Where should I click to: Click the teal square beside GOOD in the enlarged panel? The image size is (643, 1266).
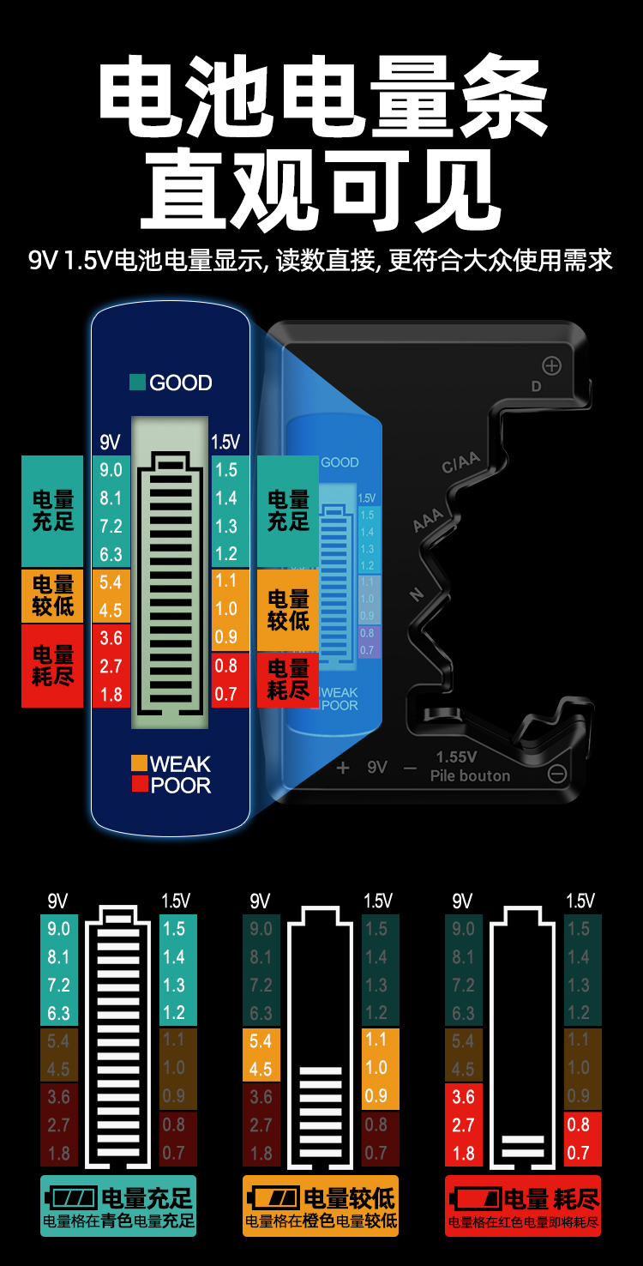tap(137, 383)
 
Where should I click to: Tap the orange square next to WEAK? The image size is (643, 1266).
tap(139, 763)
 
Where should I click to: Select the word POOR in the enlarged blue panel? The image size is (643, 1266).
tap(181, 785)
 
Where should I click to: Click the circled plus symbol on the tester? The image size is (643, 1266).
tap(551, 366)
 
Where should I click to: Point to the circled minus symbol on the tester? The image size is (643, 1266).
tap(557, 774)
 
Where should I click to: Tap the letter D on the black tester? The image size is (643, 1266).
tap(536, 386)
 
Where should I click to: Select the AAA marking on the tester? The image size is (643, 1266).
tap(428, 519)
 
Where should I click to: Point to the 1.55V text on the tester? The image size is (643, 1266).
tap(456, 757)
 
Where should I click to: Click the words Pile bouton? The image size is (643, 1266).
tap(470, 775)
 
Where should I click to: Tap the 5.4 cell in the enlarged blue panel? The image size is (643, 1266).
tap(111, 582)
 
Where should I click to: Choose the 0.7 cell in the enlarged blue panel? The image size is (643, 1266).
tap(226, 693)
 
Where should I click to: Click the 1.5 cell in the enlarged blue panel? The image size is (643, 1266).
tap(226, 470)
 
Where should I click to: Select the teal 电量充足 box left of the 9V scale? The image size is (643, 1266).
tap(52, 510)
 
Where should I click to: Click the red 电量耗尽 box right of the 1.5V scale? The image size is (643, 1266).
tap(288, 679)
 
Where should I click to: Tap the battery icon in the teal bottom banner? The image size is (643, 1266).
tap(72, 1197)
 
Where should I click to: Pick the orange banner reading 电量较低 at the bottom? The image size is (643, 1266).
tap(321, 1205)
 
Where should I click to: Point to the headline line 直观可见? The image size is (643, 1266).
tap(321, 190)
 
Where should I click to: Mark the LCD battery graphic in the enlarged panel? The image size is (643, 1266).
tap(170, 573)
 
